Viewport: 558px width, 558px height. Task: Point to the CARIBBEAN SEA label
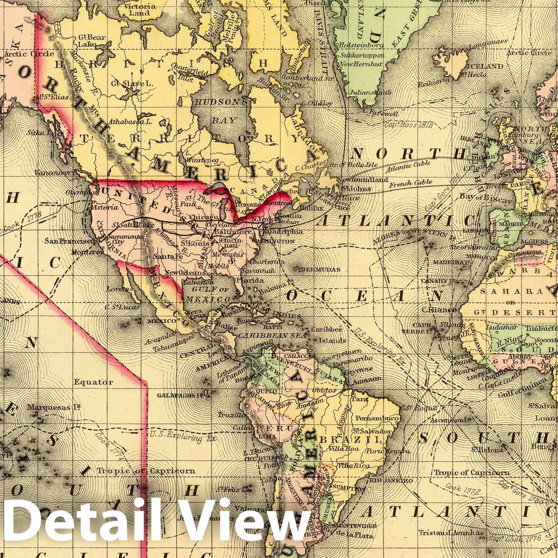pyautogui.click(x=273, y=335)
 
